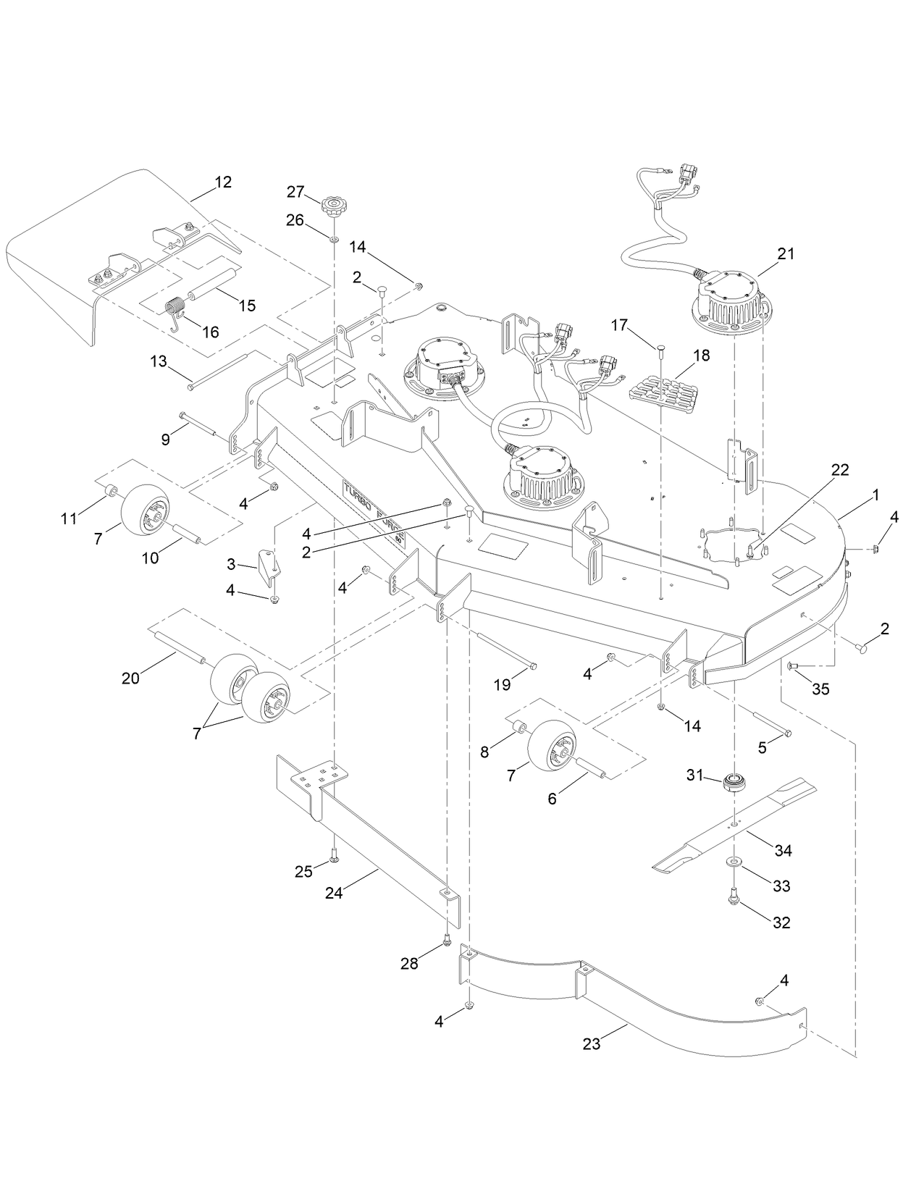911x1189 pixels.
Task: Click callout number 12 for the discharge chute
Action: point(223,182)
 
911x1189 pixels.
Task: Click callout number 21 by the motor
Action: point(786,253)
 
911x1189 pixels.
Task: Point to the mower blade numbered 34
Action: point(735,824)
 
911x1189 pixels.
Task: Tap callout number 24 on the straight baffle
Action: point(333,894)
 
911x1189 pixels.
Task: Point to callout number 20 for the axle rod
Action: point(130,678)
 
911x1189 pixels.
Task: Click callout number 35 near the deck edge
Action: point(820,689)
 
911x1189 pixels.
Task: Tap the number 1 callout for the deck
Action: point(876,495)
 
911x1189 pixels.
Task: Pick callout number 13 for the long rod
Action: point(159,360)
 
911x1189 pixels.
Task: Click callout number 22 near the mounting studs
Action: point(840,469)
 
